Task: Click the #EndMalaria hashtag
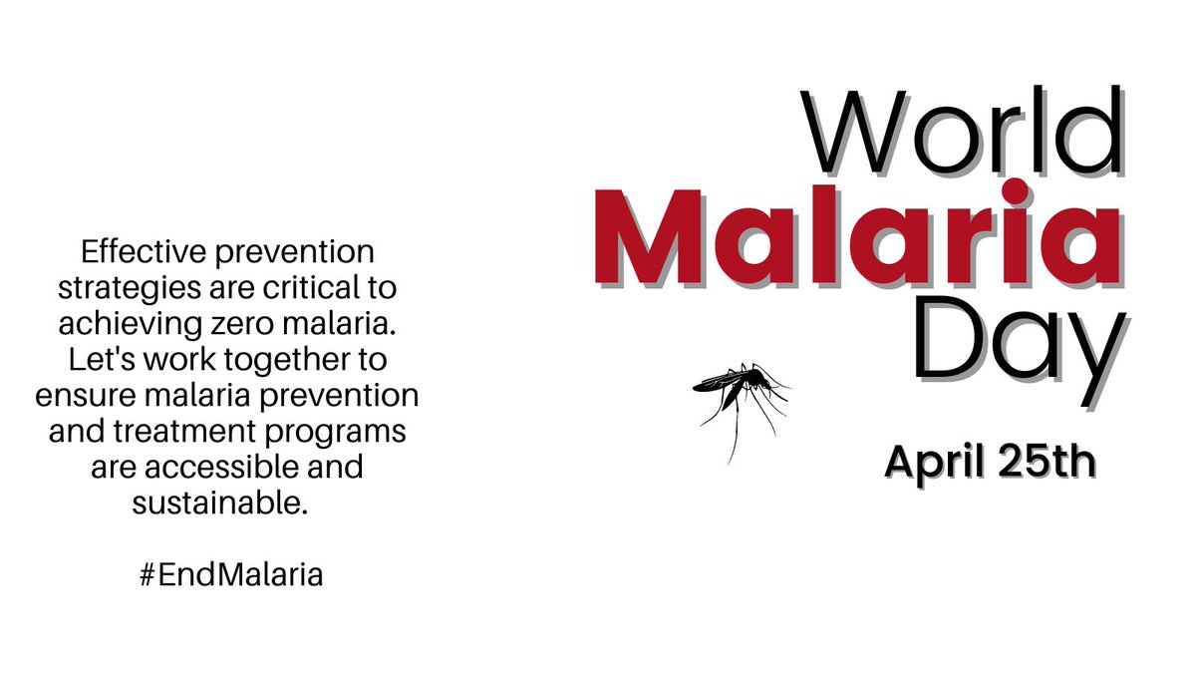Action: point(231,576)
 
